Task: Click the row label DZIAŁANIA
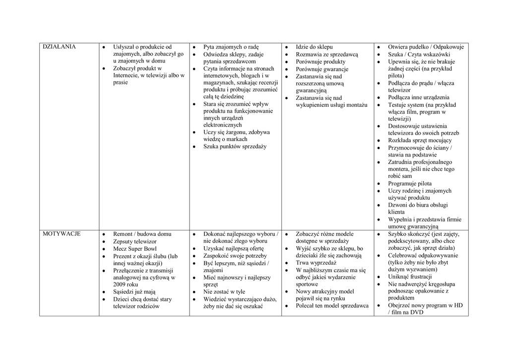point(59,47)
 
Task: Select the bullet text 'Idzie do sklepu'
point(315,47)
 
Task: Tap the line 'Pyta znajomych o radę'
point(231,47)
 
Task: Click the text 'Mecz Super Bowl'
point(135,248)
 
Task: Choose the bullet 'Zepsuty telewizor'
point(135,241)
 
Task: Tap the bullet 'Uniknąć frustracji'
point(410,277)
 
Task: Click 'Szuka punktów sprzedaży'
point(235,146)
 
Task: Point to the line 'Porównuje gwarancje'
point(322,69)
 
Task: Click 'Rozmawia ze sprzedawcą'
point(327,54)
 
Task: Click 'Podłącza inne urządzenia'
point(419,97)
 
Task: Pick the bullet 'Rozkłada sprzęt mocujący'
point(420,141)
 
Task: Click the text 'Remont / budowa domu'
point(142,233)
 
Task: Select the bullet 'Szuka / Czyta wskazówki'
point(419,54)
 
